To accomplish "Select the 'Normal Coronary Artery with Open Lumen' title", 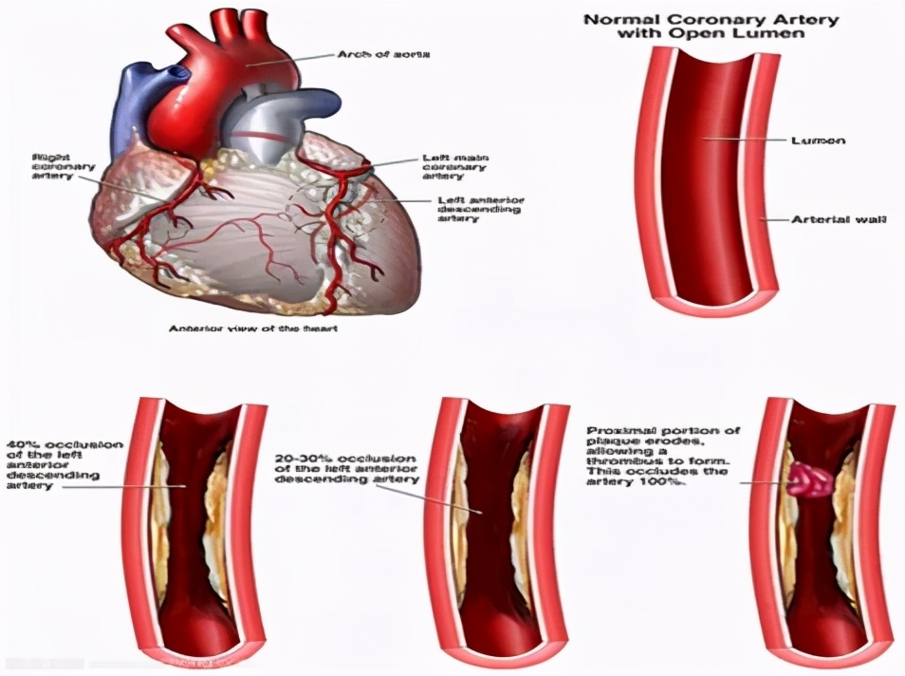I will point(711,26).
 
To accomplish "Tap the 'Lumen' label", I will point(818,141).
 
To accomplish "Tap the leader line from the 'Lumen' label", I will point(749,141).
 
